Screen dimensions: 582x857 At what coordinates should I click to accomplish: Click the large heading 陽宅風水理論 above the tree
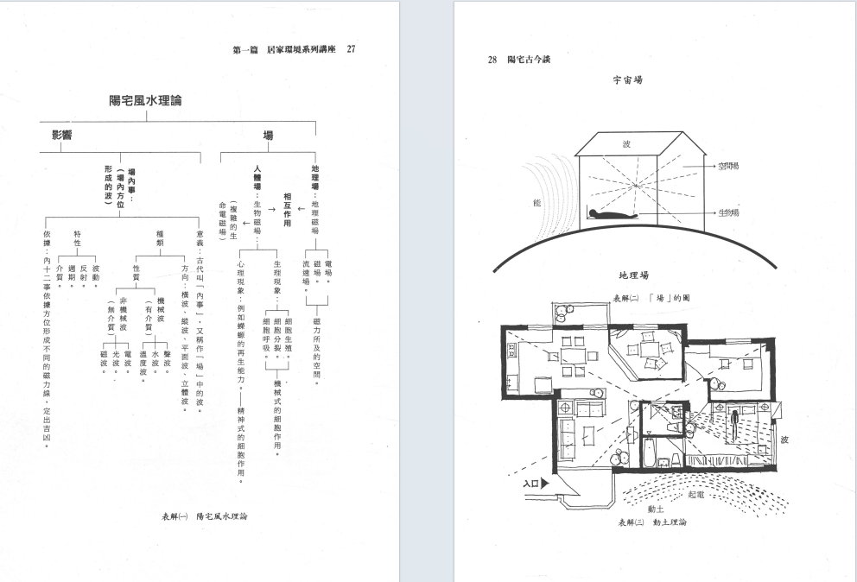pyautogui.click(x=145, y=102)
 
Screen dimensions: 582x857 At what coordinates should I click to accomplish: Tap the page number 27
pyautogui.click(x=351, y=49)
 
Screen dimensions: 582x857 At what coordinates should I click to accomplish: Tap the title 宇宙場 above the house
pyautogui.click(x=628, y=79)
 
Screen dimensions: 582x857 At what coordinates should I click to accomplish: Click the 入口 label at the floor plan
pyautogui.click(x=533, y=484)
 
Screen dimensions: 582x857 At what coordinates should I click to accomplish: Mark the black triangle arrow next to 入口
pyautogui.click(x=548, y=484)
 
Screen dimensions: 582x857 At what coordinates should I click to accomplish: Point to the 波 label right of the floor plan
pyautogui.click(x=784, y=439)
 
